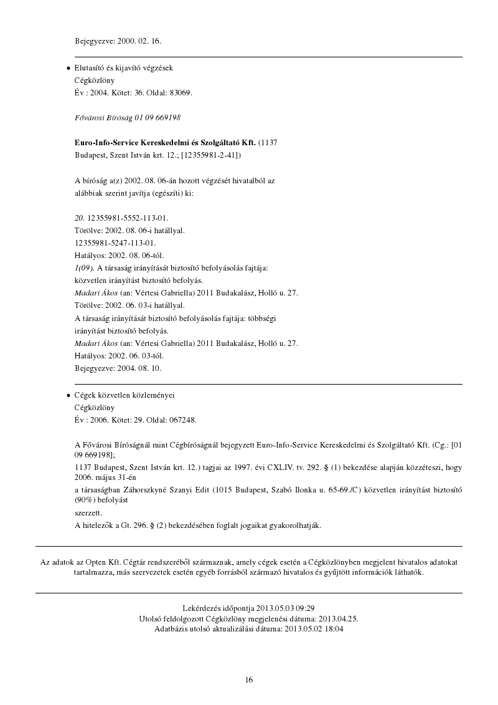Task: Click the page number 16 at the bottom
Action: pyautogui.click(x=249, y=680)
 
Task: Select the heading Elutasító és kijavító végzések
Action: pyautogui.click(x=123, y=67)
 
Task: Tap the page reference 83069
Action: pyautogui.click(x=181, y=93)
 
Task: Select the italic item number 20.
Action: pyautogui.click(x=79, y=218)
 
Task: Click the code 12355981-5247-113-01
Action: pyautogui.click(x=115, y=243)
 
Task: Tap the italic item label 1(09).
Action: pyautogui.click(x=84, y=268)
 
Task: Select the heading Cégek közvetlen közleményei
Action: pyautogui.click(x=125, y=395)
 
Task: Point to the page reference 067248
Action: pyautogui.click(x=183, y=420)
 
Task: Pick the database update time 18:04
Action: pyautogui.click(x=334, y=630)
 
